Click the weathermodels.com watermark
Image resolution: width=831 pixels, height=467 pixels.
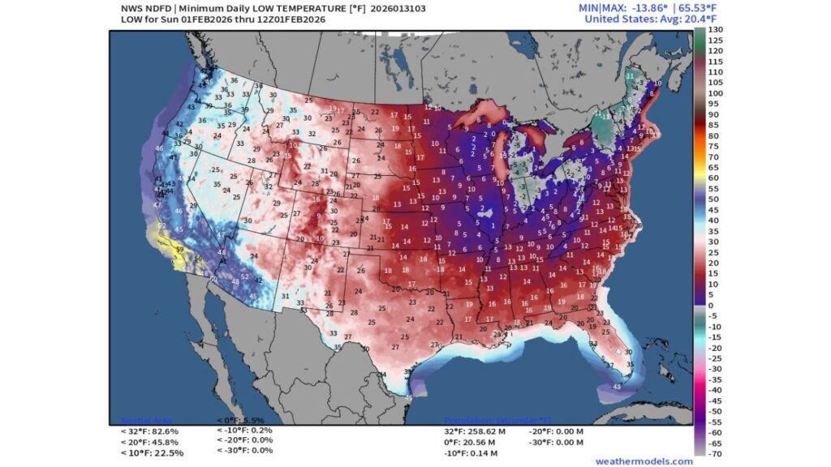[632, 461]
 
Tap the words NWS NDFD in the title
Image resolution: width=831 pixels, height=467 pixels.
[141, 8]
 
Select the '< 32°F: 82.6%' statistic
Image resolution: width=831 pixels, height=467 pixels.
[150, 431]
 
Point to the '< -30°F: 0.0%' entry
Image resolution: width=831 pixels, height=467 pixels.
[245, 450]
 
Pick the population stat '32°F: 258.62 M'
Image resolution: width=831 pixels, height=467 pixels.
[475, 432]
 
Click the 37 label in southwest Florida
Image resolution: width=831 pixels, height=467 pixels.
[609, 364]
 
